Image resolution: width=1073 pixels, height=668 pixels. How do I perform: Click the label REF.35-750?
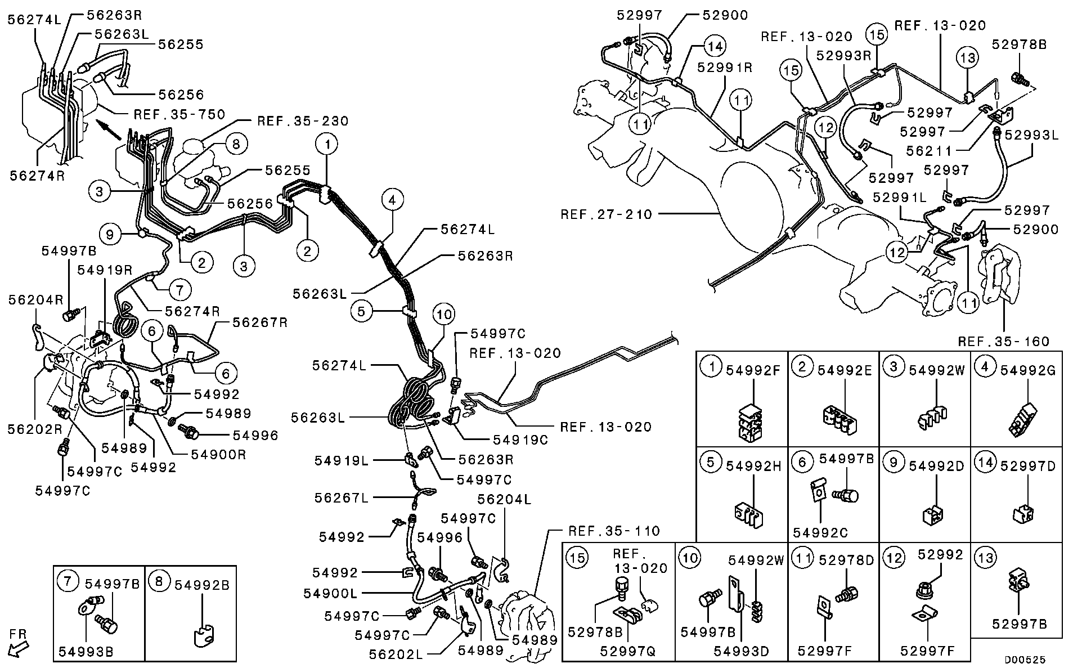point(179,115)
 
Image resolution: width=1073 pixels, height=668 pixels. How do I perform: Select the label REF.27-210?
point(606,214)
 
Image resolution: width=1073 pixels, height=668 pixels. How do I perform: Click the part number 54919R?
point(105,270)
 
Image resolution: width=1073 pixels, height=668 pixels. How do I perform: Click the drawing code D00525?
point(1026,658)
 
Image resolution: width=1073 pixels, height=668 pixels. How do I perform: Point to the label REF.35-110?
point(614,531)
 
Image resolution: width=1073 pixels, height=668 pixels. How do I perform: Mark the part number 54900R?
point(218,454)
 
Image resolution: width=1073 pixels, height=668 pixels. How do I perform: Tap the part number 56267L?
point(342,497)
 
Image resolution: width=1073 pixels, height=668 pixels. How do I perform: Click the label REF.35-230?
point(303,121)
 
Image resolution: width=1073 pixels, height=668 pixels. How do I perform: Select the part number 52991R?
point(725,67)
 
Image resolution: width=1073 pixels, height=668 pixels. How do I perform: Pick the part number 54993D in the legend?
point(741,651)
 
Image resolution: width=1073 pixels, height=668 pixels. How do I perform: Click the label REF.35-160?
point(1004,342)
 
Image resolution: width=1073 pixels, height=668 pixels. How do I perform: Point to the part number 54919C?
point(520,440)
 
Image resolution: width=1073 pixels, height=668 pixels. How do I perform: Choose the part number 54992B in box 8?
point(201,585)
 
